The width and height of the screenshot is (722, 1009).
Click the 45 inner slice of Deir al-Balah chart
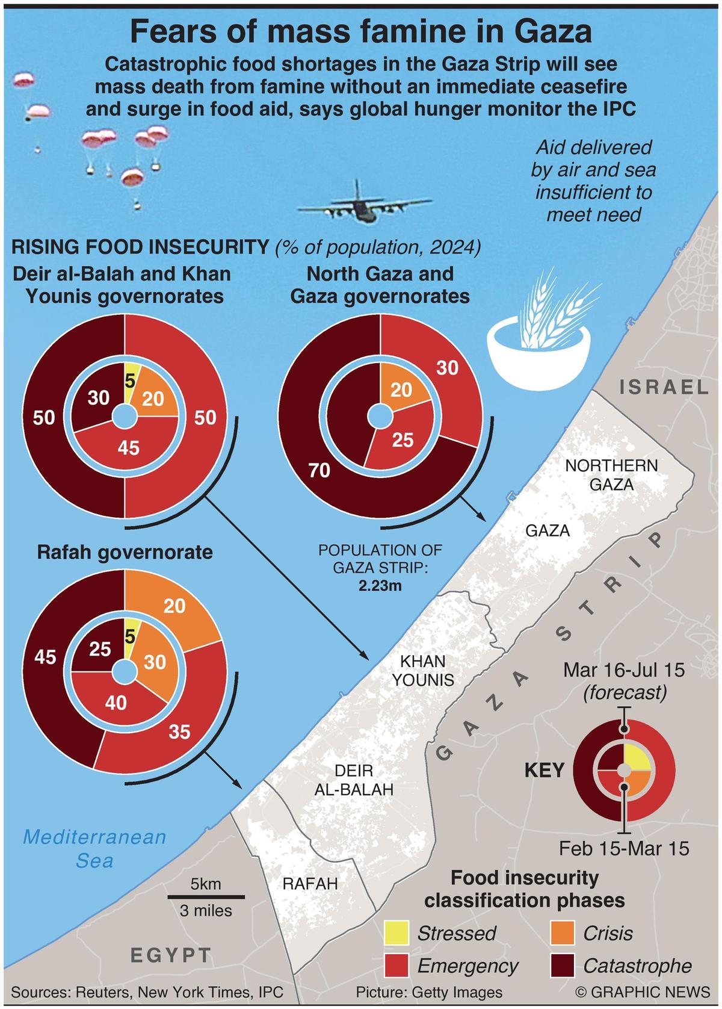tap(129, 447)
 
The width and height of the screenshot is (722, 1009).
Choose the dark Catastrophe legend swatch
tap(563, 966)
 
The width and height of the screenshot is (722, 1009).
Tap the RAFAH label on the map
tap(310, 883)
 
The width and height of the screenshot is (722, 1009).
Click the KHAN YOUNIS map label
tap(423, 670)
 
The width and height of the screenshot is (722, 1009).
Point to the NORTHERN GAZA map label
tap(611, 474)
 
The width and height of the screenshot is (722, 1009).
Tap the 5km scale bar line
tap(206, 896)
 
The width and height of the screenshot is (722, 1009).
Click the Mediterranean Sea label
tap(94, 848)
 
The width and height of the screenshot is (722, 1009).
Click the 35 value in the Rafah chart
tap(179, 731)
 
